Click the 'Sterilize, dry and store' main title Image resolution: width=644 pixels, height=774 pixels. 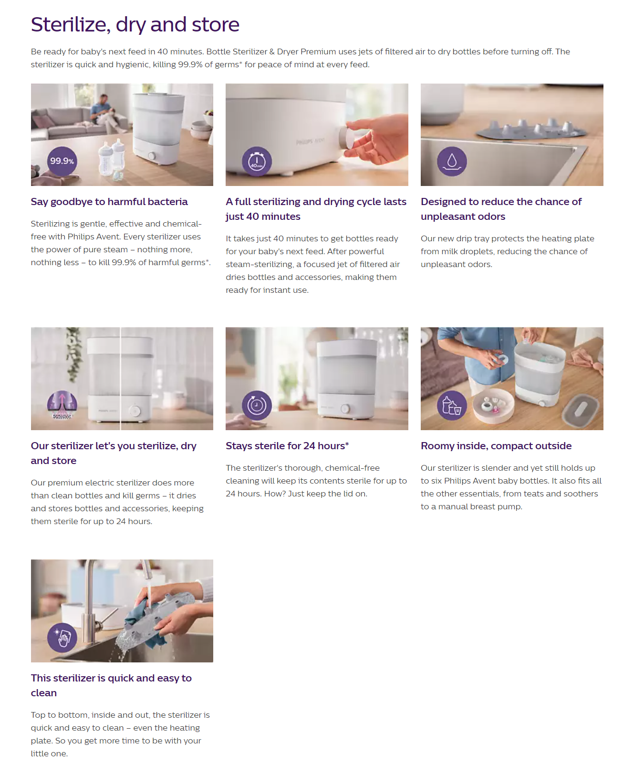[135, 25]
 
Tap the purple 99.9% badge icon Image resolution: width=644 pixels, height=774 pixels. [62, 161]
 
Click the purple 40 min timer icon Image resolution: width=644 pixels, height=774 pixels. [257, 161]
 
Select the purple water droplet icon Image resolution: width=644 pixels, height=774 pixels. [452, 161]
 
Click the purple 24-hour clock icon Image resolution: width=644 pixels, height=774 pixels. [257, 405]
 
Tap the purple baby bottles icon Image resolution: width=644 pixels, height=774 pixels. [452, 405]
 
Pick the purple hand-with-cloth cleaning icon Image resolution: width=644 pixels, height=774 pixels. [62, 638]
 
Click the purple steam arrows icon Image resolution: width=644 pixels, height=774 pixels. [62, 405]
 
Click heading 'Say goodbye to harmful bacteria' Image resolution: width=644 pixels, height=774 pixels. [109, 202]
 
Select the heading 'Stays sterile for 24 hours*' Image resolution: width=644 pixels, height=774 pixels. [287, 446]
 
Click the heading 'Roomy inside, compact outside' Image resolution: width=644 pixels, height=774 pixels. [496, 446]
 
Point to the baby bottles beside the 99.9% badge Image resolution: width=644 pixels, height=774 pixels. [111, 160]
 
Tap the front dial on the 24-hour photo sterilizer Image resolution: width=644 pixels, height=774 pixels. [345, 409]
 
